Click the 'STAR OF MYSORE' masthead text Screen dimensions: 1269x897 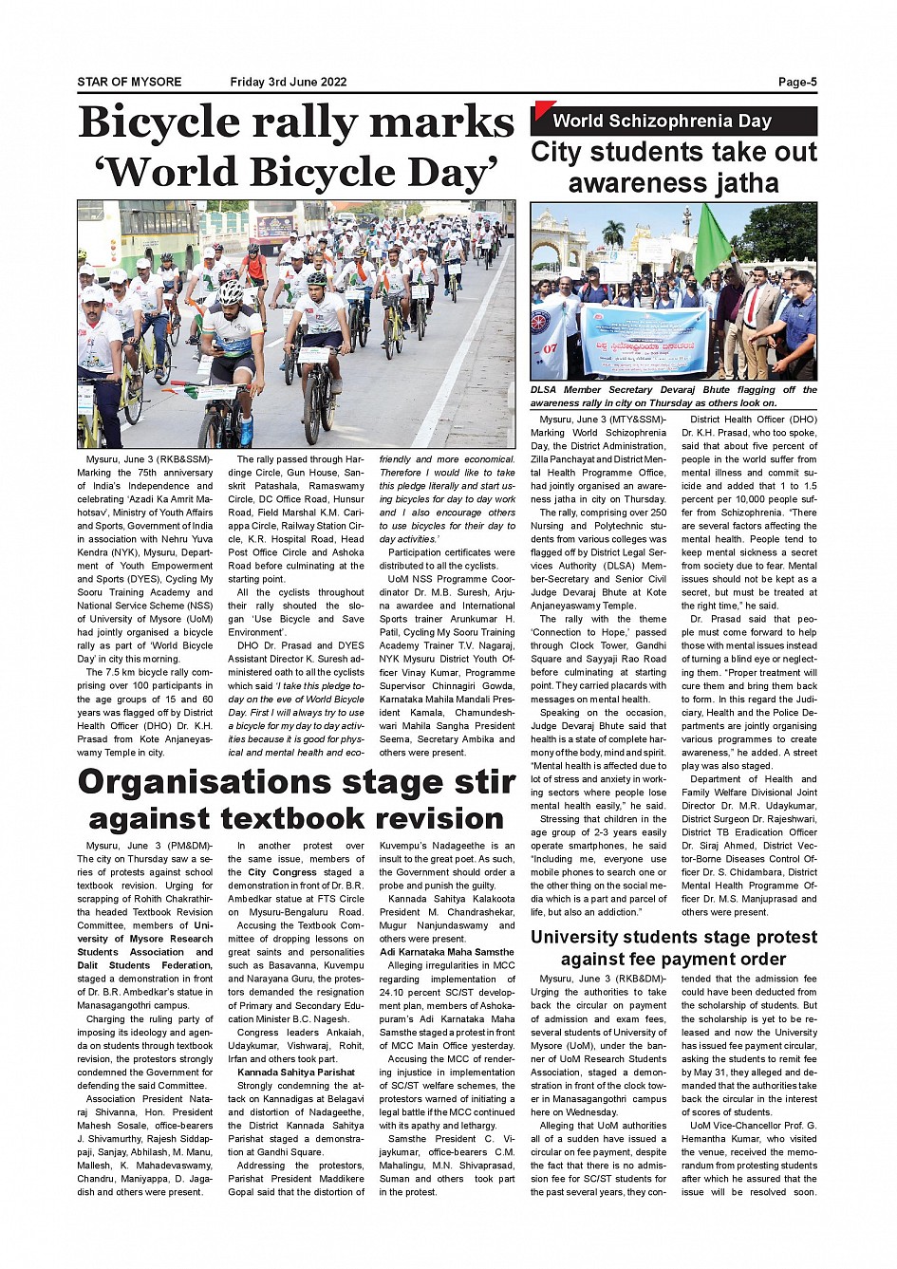(x=129, y=82)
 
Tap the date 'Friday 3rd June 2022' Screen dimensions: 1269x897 (x=289, y=82)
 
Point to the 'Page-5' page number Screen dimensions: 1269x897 (x=797, y=82)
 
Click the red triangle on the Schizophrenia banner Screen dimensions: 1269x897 (x=543, y=110)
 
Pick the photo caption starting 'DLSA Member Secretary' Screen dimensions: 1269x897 (x=673, y=396)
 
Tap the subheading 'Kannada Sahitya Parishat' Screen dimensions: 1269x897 (x=296, y=1073)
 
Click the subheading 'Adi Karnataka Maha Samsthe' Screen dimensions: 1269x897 (x=447, y=952)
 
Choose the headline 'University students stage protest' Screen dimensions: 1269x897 (x=674, y=937)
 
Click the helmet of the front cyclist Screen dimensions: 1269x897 (x=230, y=291)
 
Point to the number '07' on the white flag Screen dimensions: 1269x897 (x=550, y=349)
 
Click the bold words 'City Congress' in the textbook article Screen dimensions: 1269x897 (x=283, y=872)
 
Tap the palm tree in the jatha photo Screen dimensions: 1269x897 (x=614, y=233)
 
